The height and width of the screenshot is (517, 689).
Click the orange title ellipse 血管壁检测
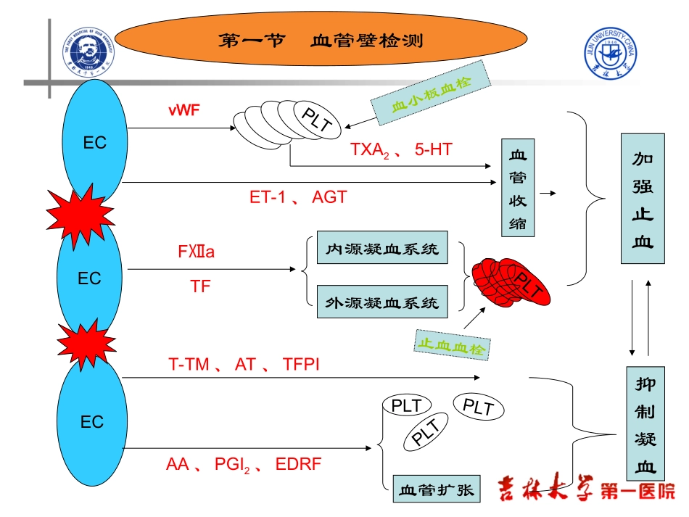[320, 41]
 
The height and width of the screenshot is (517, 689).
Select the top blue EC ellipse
[94, 142]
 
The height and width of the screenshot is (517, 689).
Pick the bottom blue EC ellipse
[91, 422]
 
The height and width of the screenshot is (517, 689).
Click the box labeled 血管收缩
[518, 188]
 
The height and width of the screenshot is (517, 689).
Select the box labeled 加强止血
[642, 199]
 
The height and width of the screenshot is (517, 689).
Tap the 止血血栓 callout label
[451, 344]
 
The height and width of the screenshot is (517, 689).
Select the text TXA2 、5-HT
[401, 150]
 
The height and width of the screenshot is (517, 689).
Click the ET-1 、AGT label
[298, 197]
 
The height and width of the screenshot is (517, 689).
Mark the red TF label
[199, 286]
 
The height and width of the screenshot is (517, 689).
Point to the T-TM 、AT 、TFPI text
[244, 365]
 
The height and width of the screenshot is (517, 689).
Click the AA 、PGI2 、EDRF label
[243, 465]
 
